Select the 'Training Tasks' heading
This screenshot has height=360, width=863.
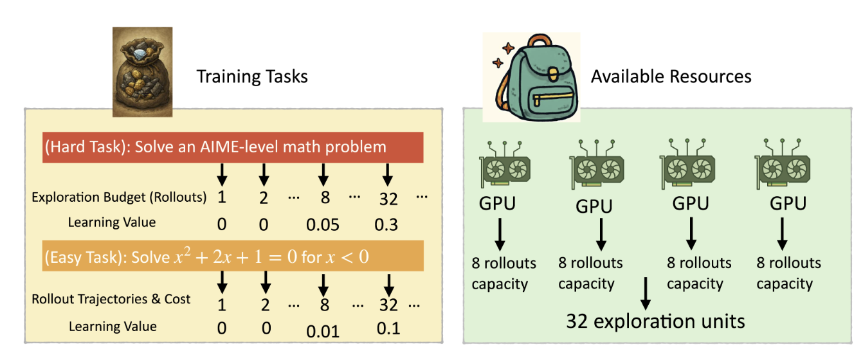point(252,77)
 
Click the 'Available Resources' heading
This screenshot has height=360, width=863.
point(671,77)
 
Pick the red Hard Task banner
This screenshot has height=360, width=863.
point(233,147)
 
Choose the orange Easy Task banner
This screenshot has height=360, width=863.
point(233,257)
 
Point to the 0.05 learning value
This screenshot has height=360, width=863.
point(325,225)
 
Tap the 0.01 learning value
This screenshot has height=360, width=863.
point(322,332)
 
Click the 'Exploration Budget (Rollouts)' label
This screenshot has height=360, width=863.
point(119,197)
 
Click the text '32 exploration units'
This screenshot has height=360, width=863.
point(655,320)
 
